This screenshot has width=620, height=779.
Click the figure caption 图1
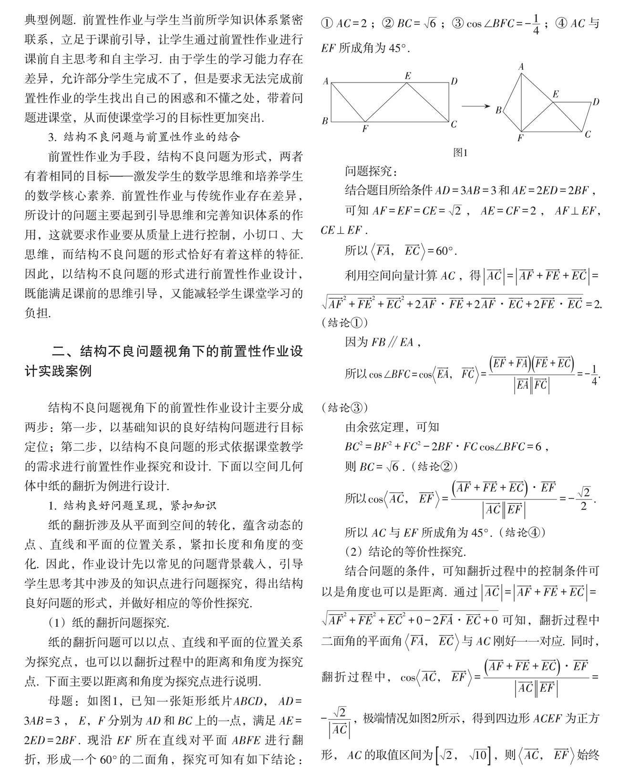(460, 153)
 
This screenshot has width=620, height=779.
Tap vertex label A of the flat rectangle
(326, 81)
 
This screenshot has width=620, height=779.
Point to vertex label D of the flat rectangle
(454, 81)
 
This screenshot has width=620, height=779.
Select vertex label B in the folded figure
(498, 110)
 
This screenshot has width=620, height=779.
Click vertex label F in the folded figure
(520, 139)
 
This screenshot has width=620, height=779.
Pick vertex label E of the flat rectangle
(407, 76)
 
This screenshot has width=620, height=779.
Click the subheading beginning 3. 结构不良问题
(144, 137)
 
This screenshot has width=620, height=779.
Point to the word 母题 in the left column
(61, 701)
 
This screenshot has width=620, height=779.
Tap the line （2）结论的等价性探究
(405, 552)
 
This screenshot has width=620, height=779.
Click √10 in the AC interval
(478, 755)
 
